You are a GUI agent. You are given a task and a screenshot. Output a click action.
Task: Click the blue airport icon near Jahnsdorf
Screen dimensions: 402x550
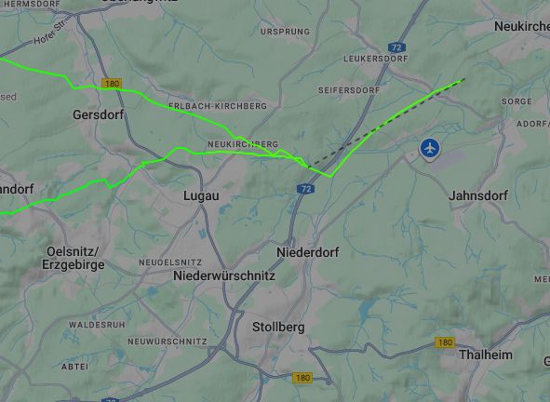[429, 147]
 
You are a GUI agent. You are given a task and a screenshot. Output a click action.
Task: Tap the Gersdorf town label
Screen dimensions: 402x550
[98, 114]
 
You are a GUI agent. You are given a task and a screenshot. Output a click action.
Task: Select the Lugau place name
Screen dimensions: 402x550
[201, 196]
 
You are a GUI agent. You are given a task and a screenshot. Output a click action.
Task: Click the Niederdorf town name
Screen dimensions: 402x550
[308, 252]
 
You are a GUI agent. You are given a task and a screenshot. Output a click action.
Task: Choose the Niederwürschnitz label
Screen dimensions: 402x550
[224, 276]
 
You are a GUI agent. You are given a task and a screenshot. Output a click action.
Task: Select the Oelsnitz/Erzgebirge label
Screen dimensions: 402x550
[74, 258]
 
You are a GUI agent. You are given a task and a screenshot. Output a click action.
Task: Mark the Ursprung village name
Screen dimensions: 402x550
[285, 32]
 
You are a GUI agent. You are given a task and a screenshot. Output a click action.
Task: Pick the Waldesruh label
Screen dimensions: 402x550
[97, 325]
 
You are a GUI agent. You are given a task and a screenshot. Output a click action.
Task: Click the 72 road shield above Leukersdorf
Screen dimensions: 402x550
[396, 46]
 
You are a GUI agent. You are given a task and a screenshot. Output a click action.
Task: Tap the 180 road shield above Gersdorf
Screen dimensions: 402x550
[113, 84]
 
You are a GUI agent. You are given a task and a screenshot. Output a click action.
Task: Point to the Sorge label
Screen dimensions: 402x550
[516, 100]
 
